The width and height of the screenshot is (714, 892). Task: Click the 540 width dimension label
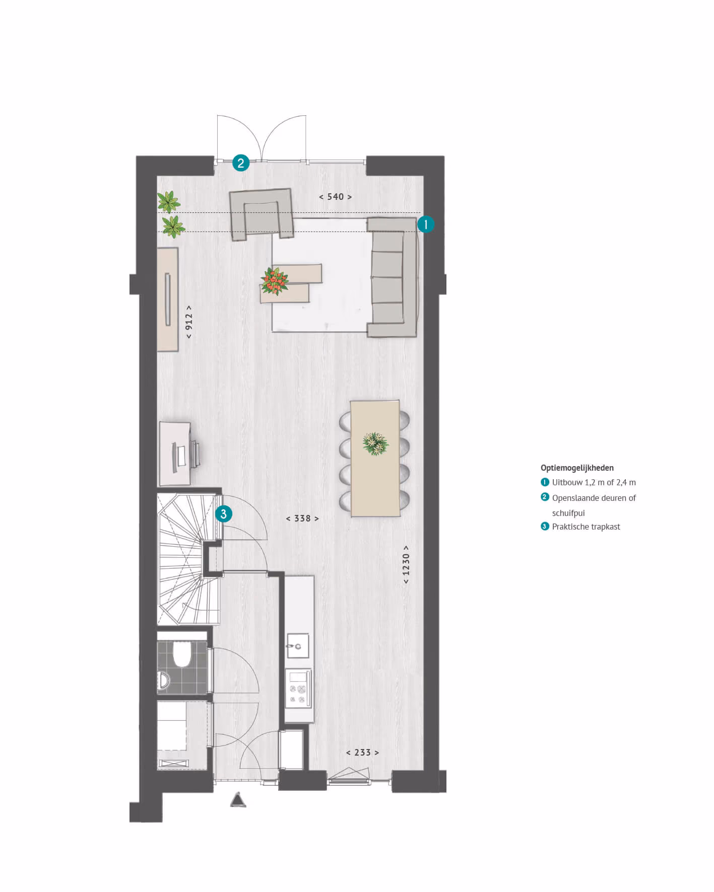[x=336, y=197]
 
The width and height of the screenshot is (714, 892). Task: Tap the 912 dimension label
[x=188, y=321]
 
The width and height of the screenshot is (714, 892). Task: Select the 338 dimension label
[x=302, y=518]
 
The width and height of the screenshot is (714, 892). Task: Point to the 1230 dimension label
[x=406, y=565]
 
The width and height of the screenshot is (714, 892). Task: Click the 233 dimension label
[x=362, y=753]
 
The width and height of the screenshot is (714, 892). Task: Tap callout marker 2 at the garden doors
[x=241, y=163]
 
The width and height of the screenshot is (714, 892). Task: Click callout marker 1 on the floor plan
[x=426, y=224]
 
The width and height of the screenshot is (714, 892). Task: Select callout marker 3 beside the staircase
[x=224, y=514]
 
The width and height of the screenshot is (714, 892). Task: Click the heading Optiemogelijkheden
[x=577, y=468]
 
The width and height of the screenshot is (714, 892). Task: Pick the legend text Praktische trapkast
[x=586, y=527]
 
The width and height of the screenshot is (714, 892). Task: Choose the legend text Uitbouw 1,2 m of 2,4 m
[x=594, y=482]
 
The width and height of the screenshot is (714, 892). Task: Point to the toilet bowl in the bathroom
[x=181, y=654]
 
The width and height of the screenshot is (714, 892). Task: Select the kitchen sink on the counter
[x=297, y=645]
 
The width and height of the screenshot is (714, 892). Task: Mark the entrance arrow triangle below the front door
[x=238, y=799]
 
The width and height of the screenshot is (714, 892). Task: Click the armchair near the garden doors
[x=261, y=214]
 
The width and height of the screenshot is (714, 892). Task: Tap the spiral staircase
[x=188, y=559]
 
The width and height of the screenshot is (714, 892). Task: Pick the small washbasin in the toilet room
[x=163, y=681]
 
